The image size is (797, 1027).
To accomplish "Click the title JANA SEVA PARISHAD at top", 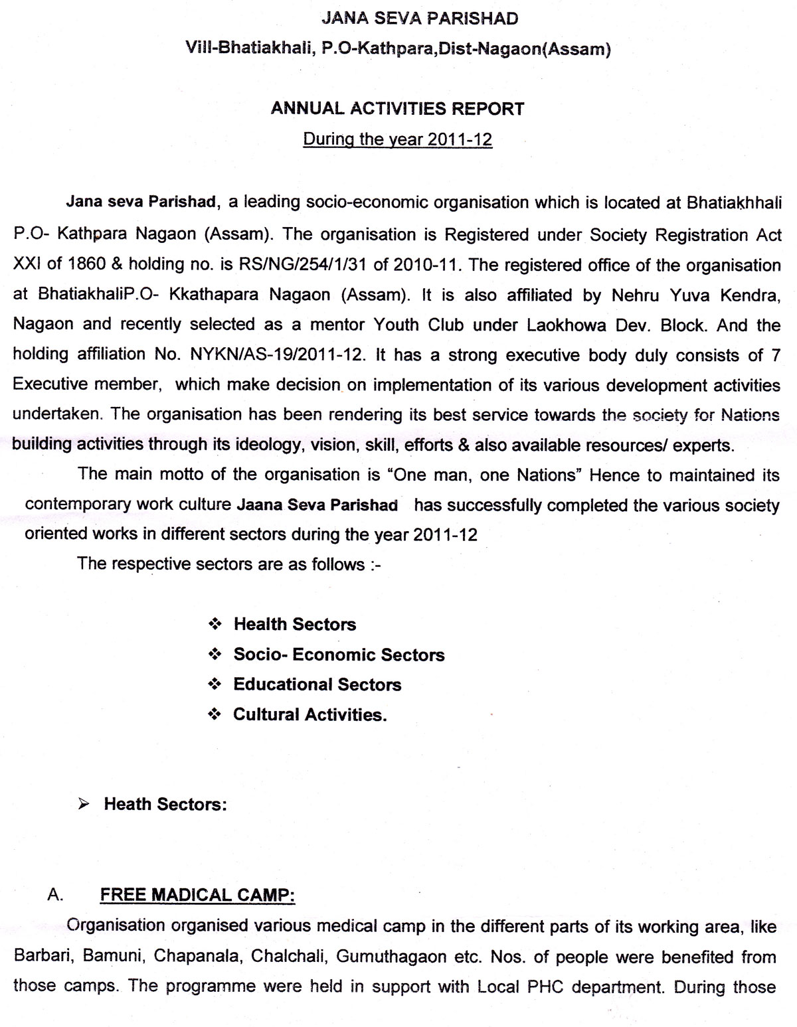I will point(419,19).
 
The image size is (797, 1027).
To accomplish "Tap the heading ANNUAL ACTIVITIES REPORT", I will point(397,109).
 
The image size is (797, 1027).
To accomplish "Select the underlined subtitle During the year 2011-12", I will point(397,140).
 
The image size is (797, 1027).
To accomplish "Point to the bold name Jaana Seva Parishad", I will point(317,505).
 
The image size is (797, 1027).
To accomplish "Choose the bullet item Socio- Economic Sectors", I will point(339,655).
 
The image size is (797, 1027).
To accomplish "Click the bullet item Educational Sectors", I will point(317,684).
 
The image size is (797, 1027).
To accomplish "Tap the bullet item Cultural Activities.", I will point(310,714).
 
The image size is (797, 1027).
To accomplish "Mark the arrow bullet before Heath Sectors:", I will point(84,804).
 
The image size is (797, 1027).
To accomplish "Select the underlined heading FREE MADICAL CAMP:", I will point(197,895).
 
